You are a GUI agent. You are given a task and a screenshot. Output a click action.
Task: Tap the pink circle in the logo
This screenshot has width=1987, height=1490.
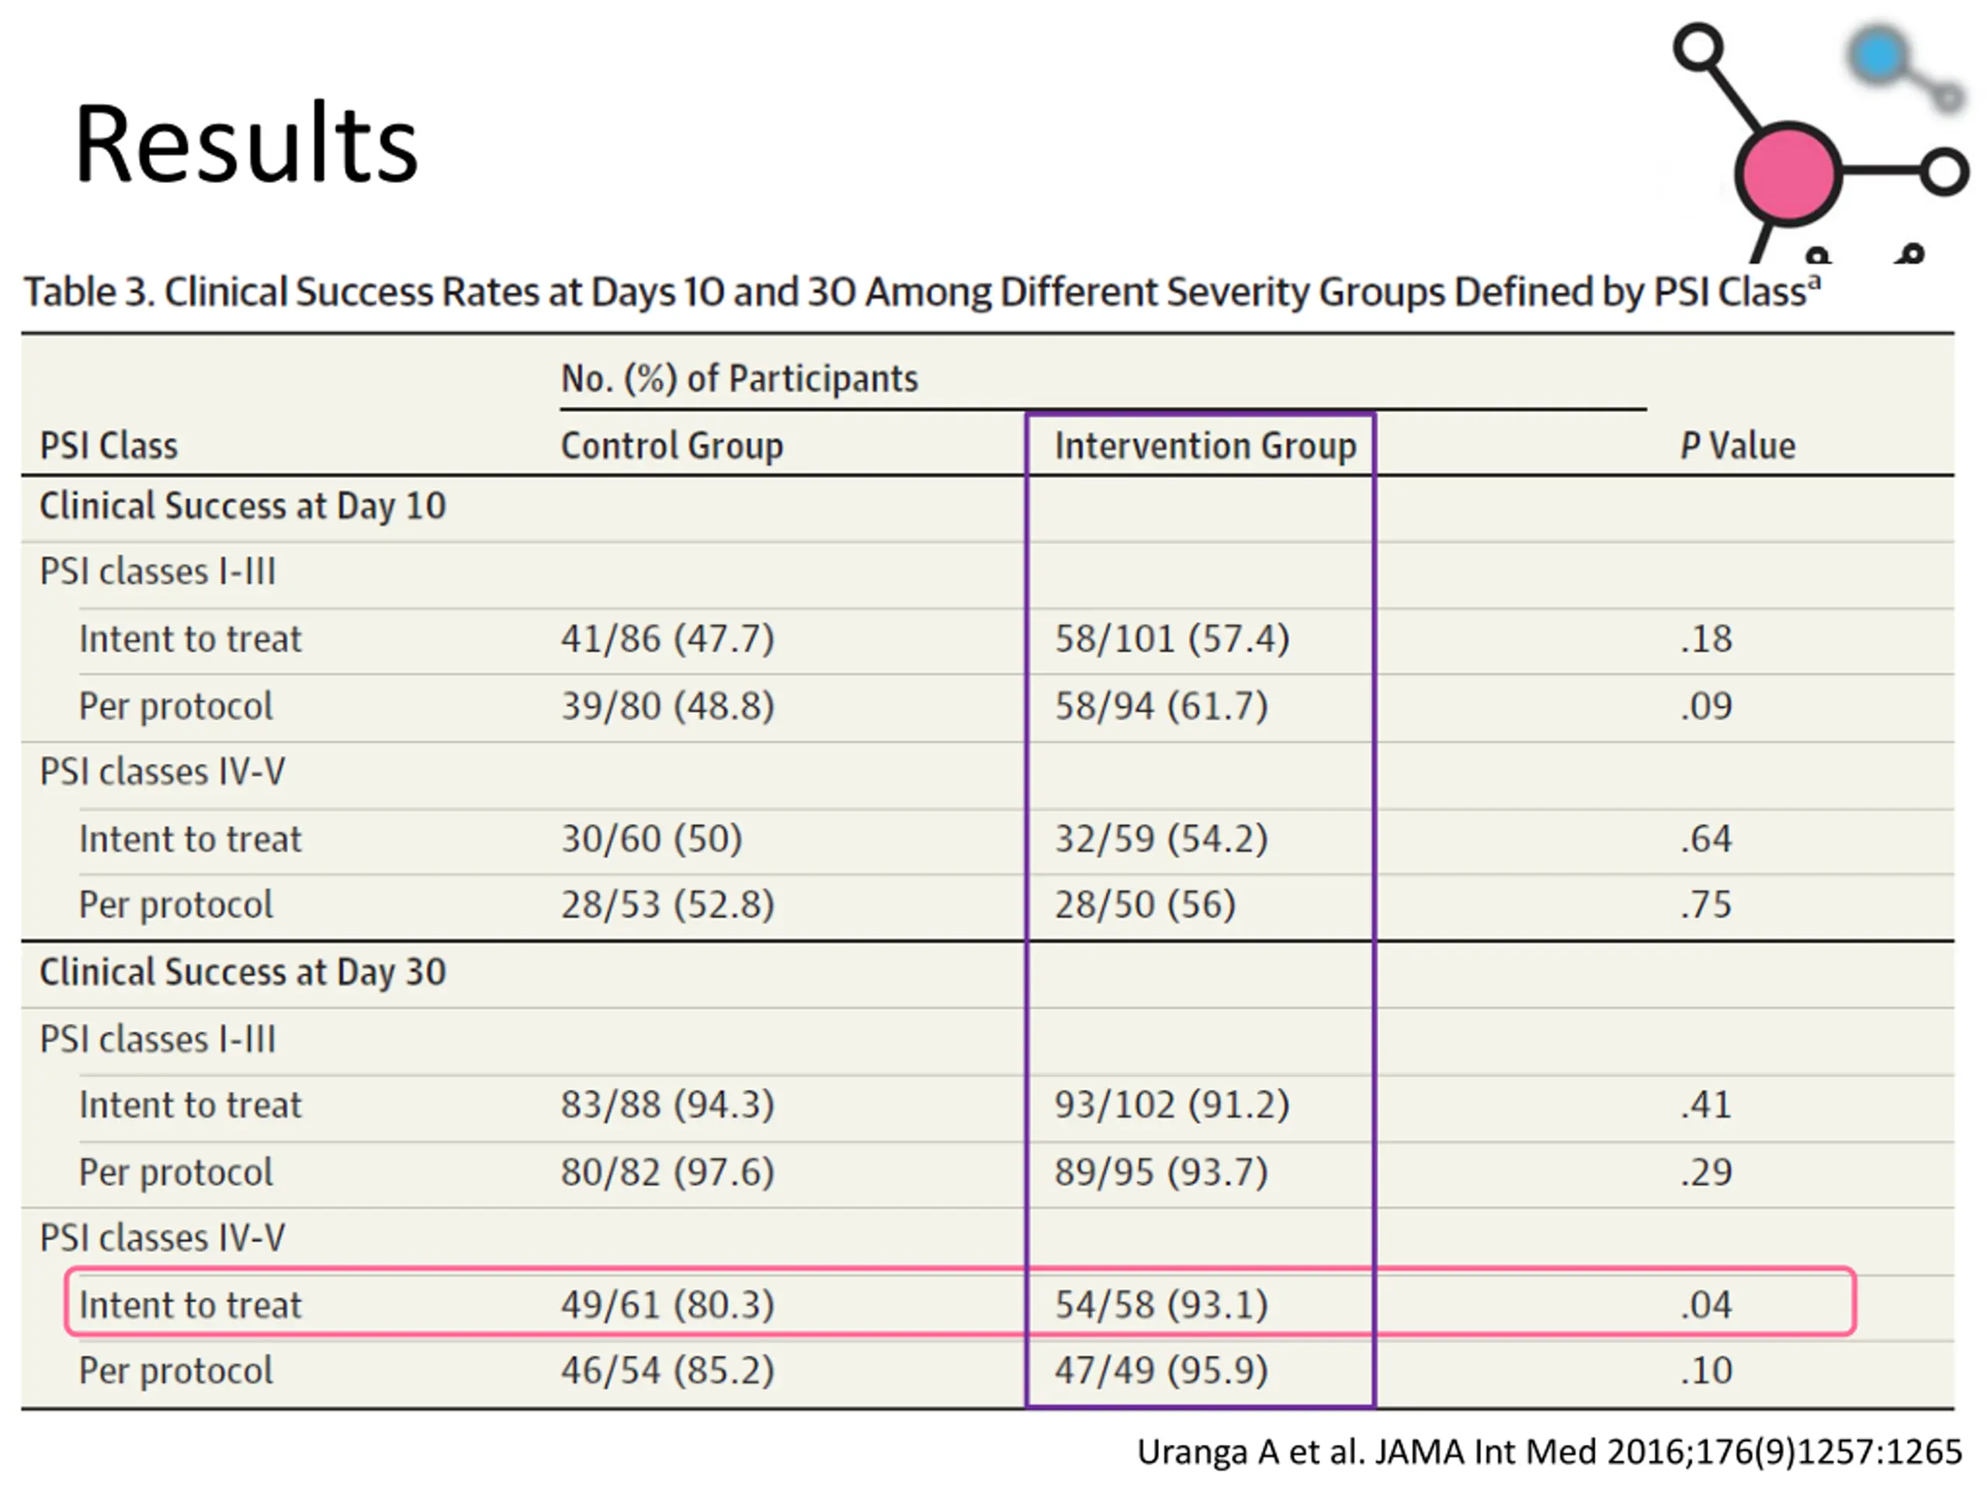pyautogui.click(x=1787, y=173)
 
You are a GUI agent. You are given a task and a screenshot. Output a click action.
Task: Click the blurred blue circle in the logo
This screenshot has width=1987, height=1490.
pyautogui.click(x=1878, y=57)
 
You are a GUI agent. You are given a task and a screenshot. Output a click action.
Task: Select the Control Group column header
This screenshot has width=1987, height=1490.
pyautogui.click(x=671, y=445)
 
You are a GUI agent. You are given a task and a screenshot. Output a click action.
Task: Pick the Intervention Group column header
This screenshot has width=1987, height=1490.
pyautogui.click(x=1205, y=445)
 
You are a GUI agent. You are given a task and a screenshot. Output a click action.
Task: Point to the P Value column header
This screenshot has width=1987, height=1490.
pyautogui.click(x=1736, y=445)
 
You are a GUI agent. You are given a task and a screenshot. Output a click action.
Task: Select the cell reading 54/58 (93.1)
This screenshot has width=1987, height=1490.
pyautogui.click(x=1160, y=1304)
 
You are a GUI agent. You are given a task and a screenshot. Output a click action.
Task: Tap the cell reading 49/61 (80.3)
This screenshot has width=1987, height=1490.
pyautogui.click(x=668, y=1304)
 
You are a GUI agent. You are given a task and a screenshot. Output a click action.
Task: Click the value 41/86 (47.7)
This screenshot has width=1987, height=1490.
pyautogui.click(x=668, y=639)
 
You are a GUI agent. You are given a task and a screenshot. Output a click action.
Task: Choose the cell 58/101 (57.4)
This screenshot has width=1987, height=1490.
pyautogui.click(x=1171, y=639)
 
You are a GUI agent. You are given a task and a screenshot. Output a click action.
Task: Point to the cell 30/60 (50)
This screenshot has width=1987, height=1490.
pyautogui.click(x=651, y=839)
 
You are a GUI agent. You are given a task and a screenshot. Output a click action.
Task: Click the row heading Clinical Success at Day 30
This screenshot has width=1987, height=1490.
pyautogui.click(x=242, y=972)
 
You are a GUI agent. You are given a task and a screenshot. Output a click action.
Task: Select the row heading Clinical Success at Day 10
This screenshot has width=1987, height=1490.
pyautogui.click(x=242, y=506)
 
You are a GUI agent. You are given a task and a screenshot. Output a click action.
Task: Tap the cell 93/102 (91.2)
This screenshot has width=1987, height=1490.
pyautogui.click(x=1171, y=1105)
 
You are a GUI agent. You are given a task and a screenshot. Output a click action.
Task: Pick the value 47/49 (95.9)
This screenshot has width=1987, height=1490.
pyautogui.click(x=1160, y=1370)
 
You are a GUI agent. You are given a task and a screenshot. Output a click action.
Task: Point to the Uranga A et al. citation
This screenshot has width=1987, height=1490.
pyautogui.click(x=1548, y=1452)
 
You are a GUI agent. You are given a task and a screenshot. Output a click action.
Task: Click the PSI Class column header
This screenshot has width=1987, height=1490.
pyautogui.click(x=109, y=445)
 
